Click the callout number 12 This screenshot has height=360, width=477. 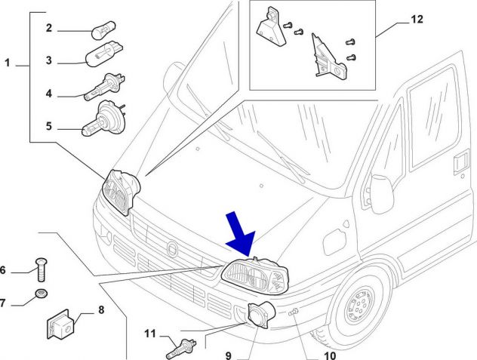(417, 20)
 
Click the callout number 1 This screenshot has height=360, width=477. (8, 63)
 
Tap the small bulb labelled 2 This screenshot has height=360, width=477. (103, 30)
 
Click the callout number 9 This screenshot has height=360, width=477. (229, 355)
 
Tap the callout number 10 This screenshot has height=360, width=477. (330, 355)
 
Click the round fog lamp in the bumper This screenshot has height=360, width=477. (261, 315)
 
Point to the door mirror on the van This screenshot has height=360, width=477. (382, 194)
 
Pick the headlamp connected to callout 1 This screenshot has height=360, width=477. (121, 192)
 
